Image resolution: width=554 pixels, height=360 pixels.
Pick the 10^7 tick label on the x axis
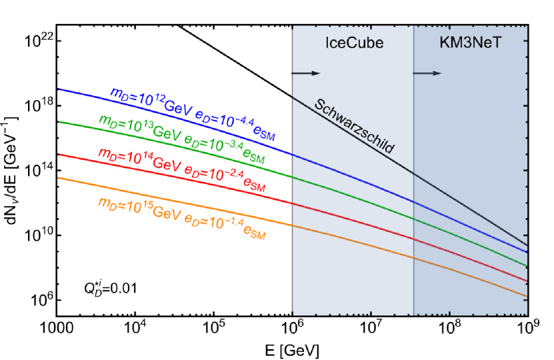click(371, 329)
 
